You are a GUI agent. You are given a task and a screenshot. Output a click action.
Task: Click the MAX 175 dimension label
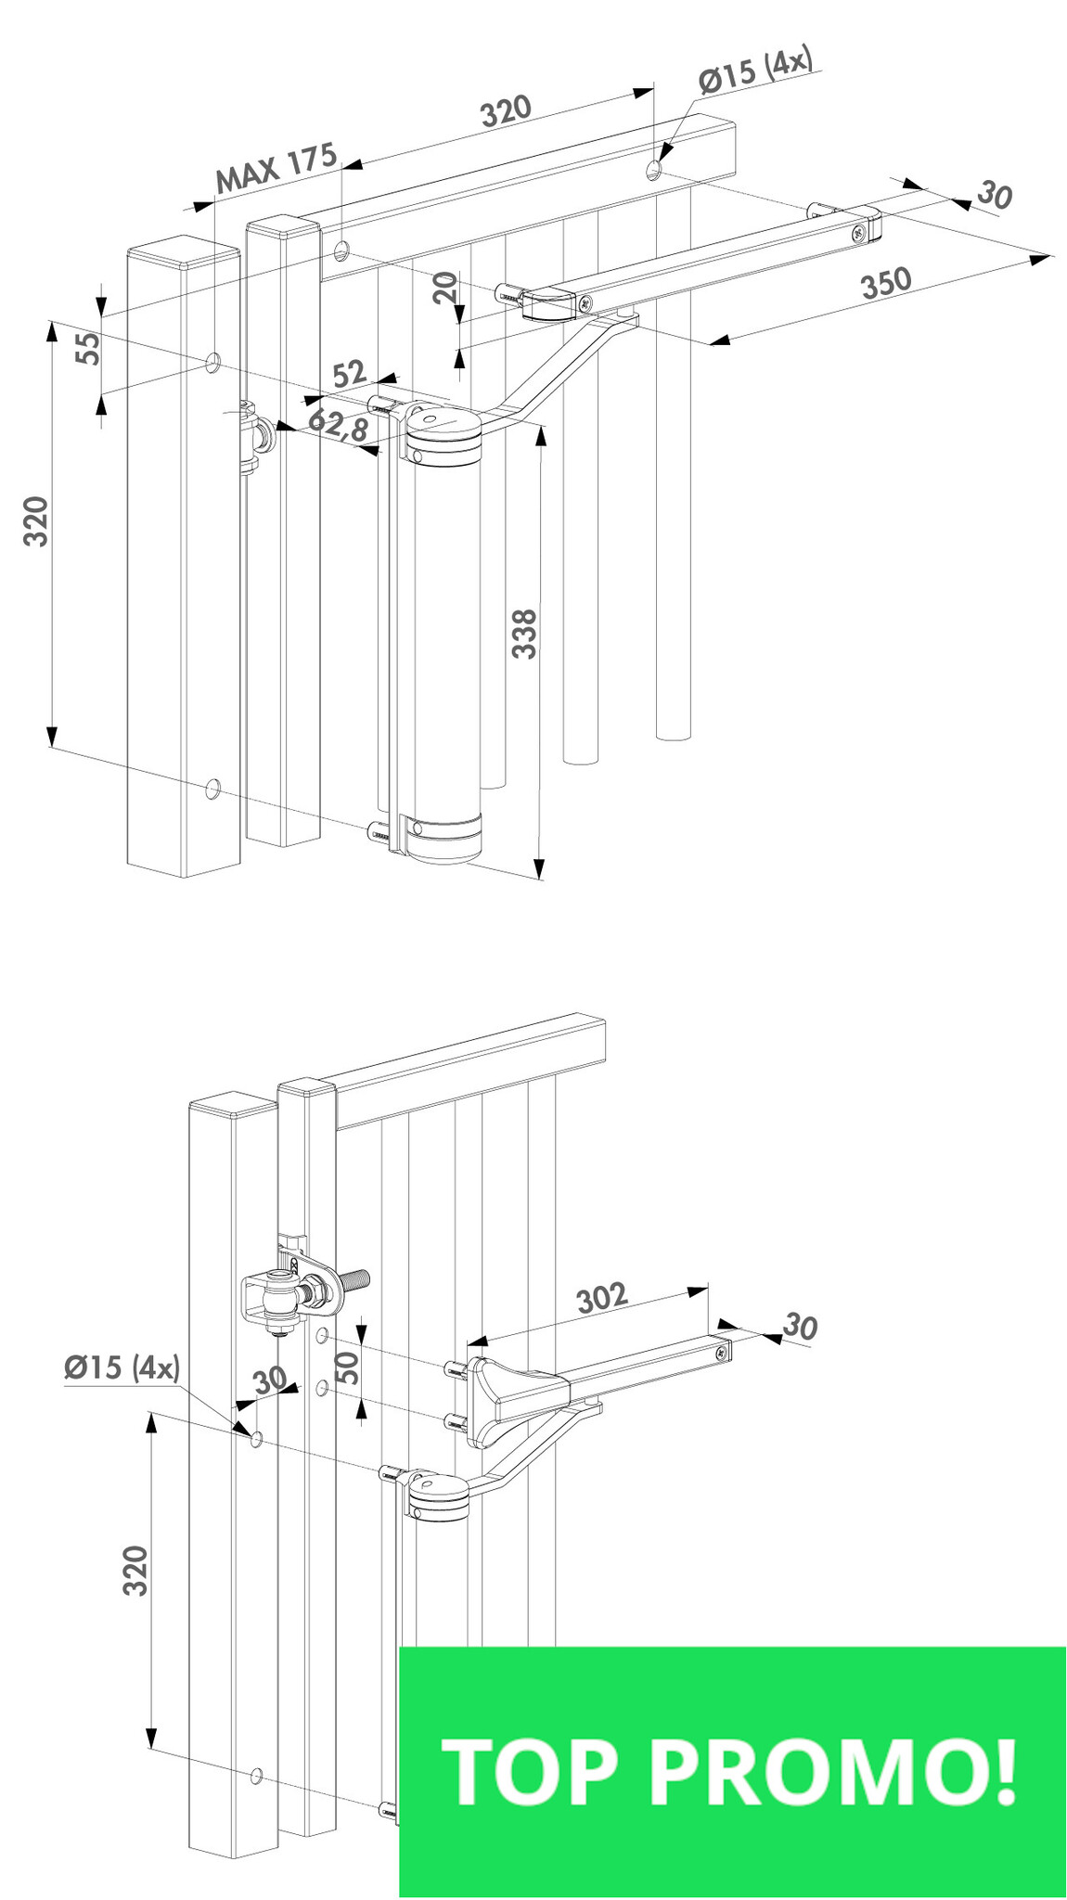coord(276,168)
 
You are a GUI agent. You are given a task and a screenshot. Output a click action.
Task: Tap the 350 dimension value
coord(886,282)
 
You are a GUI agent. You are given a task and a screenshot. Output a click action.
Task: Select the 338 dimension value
coord(525,634)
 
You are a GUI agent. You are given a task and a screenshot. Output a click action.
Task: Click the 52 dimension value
coord(350,374)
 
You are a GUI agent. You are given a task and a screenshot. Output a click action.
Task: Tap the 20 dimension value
coord(446,288)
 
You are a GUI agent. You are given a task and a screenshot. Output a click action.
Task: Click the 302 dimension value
coord(602,1298)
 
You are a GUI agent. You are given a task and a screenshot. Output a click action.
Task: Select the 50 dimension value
coord(346,1367)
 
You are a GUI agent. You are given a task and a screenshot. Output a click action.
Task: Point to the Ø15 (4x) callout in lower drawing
coord(122,1367)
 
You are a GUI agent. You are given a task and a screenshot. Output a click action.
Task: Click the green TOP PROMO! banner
coord(732,1772)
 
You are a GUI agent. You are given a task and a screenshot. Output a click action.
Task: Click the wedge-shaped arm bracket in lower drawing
coord(515,1399)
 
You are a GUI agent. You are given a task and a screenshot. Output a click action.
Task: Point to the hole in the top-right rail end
coord(655,168)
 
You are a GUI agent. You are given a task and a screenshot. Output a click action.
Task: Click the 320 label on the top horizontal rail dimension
coord(506,110)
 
